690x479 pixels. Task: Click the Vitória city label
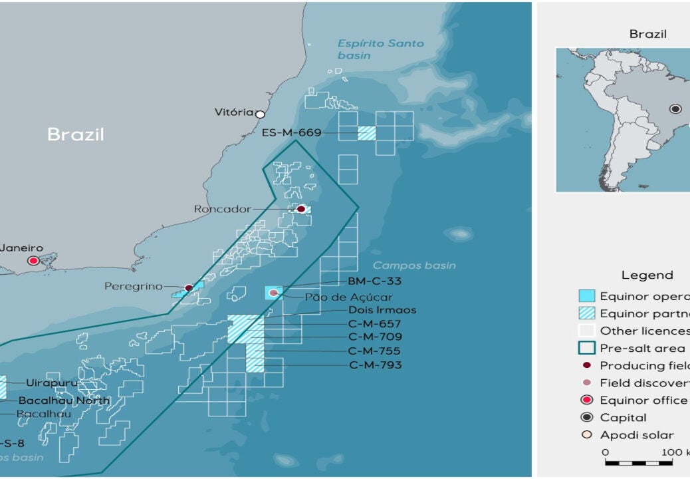tap(234, 112)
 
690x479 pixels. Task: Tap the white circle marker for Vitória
tap(260, 114)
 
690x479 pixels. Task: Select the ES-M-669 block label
tap(291, 132)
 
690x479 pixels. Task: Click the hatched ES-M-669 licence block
tap(366, 133)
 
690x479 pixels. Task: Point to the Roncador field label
tap(222, 209)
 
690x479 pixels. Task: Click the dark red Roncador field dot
tap(300, 209)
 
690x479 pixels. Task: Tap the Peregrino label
tap(133, 287)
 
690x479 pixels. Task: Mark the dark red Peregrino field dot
tap(188, 288)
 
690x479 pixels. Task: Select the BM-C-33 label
tap(374, 281)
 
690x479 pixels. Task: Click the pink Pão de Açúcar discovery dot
tap(273, 293)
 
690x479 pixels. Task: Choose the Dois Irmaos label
tap(382, 310)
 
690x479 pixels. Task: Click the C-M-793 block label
tap(375, 365)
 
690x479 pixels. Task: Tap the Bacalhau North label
tap(64, 400)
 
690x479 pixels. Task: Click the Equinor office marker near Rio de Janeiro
tap(33, 260)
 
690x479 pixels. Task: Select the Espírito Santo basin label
tap(380, 49)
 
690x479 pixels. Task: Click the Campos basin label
tap(414, 265)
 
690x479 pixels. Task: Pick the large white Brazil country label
tap(76, 134)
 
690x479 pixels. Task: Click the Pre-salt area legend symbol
tap(586, 348)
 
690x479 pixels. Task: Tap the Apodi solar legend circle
tap(586, 435)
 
